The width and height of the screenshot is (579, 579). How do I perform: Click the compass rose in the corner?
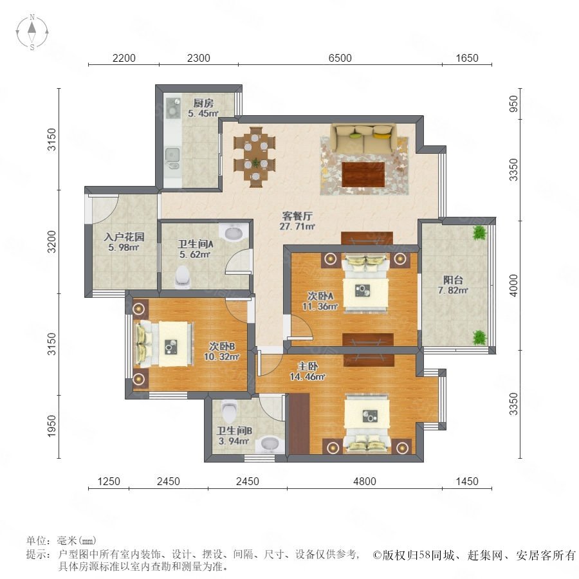pyautogui.click(x=32, y=32)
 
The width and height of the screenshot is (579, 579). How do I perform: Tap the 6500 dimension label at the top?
pyautogui.click(x=340, y=58)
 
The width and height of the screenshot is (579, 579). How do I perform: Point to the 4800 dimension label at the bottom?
pyautogui.click(x=365, y=481)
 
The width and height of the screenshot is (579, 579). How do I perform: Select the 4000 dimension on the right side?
pyautogui.click(x=513, y=285)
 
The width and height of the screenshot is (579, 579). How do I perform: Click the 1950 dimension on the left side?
pyautogui.click(x=51, y=426)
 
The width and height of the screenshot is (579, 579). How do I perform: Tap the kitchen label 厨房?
pyautogui.click(x=203, y=103)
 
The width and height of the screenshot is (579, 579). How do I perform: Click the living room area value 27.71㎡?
pyautogui.click(x=297, y=226)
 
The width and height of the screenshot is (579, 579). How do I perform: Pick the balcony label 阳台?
pyautogui.click(x=453, y=280)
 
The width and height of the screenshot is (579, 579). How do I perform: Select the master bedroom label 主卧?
pyautogui.click(x=308, y=366)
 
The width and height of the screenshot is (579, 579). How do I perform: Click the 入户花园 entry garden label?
pyautogui.click(x=124, y=237)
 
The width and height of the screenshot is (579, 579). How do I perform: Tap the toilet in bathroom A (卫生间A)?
pyautogui.click(x=181, y=277)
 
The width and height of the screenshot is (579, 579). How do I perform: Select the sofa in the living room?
pyautogui.click(x=363, y=139)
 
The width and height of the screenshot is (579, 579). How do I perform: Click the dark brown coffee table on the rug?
pyautogui.click(x=363, y=174)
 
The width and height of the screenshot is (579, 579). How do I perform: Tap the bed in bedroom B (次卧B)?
pyautogui.click(x=164, y=344)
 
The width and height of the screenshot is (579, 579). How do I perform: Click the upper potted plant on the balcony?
pyautogui.click(x=480, y=233)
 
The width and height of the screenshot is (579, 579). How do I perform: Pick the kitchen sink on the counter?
pyautogui.click(x=172, y=155)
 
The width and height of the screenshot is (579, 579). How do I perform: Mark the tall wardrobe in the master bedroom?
pyautogui.click(x=299, y=423)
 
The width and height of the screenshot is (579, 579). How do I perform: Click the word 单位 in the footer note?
pyautogui.click(x=37, y=540)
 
